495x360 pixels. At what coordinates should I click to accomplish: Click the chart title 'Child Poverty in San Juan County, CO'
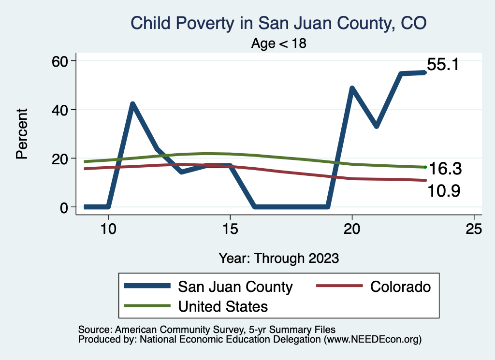coord(279,23)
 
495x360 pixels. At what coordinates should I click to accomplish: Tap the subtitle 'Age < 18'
coord(279,43)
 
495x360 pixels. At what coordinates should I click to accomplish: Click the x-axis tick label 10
coord(108,229)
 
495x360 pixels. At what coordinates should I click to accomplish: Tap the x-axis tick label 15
coord(230,229)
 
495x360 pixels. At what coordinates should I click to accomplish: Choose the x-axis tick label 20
coord(352,229)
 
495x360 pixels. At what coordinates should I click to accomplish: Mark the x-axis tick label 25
coord(474,229)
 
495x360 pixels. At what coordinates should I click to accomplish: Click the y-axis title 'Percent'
coord(21,134)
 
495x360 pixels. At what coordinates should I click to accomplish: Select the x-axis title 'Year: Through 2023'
coord(279,258)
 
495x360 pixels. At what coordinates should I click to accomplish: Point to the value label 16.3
coord(444,169)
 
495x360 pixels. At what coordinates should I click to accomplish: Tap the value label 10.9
coord(443,191)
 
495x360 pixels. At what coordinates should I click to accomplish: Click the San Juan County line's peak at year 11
coord(132,104)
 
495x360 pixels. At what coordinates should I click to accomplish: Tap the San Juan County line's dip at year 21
coord(376,126)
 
